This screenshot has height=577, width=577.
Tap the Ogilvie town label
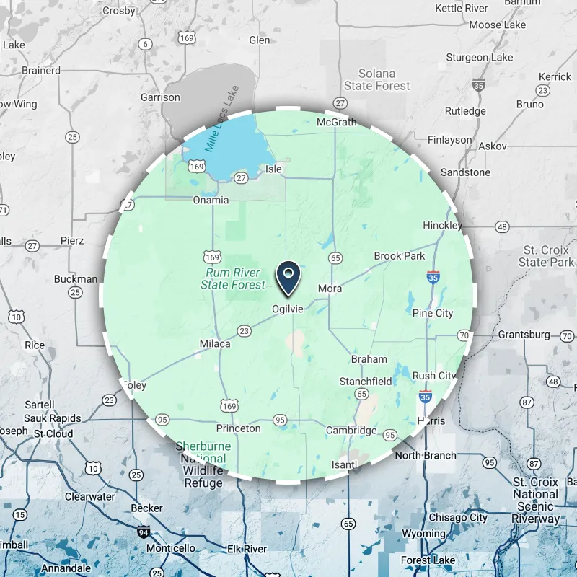point(288,309)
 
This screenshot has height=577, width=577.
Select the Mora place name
point(330,288)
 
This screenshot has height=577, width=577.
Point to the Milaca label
point(215,344)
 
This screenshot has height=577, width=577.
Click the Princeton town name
point(239,428)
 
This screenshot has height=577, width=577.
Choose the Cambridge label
point(351,431)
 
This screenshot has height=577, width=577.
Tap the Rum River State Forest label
point(233,279)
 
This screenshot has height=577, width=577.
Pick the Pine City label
point(433,313)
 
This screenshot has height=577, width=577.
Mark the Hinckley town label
point(443,226)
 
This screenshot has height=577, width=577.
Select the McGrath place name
point(337,122)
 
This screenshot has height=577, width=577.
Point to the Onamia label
point(211,200)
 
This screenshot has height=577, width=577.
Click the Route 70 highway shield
point(464,335)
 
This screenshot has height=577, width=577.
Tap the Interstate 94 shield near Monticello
point(144,532)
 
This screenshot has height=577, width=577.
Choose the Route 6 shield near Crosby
point(146,45)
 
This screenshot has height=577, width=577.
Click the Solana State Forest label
point(377,80)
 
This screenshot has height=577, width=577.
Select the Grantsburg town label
point(524,335)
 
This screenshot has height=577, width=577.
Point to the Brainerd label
point(41,71)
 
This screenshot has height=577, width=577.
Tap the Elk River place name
point(246,549)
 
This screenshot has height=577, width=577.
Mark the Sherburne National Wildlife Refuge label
point(203,464)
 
